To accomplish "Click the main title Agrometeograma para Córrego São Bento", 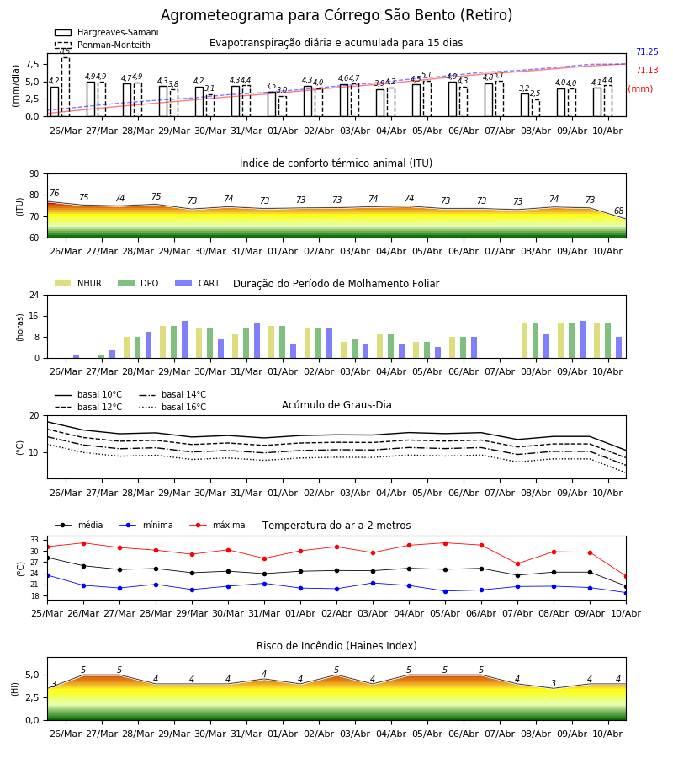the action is click(336, 15).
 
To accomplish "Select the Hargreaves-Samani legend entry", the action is click(107, 32).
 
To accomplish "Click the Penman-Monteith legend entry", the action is click(103, 45).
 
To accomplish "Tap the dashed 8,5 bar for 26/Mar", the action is click(66, 87).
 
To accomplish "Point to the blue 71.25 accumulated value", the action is click(647, 51).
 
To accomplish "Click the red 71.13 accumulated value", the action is click(647, 70).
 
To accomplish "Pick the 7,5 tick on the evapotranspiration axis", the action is click(32, 64).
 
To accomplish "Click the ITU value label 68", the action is click(618, 211).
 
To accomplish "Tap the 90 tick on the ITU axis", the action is click(34, 174).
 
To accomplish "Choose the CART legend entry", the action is click(198, 283).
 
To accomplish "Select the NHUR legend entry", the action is click(78, 283).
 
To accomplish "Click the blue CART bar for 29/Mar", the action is click(184, 339).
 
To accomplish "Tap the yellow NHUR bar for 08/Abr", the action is click(524, 341).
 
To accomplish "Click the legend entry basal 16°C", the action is click(172, 407).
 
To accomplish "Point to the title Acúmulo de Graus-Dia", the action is click(336, 405).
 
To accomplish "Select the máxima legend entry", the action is click(217, 525).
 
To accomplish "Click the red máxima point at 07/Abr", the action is click(517, 563).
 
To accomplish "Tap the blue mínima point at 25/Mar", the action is click(47, 575).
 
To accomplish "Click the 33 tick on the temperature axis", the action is click(34, 540).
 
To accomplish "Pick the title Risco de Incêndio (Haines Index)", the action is click(336, 646).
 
